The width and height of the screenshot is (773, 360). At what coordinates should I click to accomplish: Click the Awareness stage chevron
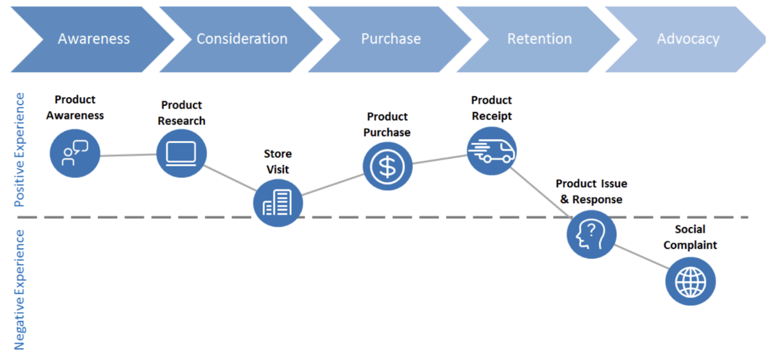(x=94, y=39)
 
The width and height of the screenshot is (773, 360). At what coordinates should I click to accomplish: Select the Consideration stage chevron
(x=242, y=39)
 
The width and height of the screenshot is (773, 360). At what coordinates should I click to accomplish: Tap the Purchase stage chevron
(x=390, y=39)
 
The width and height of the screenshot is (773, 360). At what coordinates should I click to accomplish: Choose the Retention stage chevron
(x=539, y=39)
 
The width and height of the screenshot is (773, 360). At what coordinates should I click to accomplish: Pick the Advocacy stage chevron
(x=688, y=39)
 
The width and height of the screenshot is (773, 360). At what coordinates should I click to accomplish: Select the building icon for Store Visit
(x=278, y=203)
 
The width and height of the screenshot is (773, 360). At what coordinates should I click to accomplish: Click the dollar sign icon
(x=387, y=167)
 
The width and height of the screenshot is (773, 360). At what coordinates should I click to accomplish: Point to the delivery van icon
(x=492, y=150)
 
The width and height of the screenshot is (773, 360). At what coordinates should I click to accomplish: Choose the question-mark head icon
(x=592, y=234)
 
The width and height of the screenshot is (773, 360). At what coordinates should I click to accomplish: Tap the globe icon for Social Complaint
(x=690, y=282)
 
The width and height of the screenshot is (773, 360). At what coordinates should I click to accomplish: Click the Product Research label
(x=181, y=113)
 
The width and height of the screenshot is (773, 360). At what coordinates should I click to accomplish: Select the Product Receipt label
(x=492, y=108)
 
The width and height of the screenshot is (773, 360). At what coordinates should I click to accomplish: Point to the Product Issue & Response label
(x=592, y=192)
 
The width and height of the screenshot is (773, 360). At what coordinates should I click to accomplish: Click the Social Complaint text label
(x=690, y=237)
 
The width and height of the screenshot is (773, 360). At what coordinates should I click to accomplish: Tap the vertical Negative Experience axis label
(x=19, y=290)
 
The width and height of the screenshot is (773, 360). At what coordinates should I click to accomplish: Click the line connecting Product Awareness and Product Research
(x=128, y=156)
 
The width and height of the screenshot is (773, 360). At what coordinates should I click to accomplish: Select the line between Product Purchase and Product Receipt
(x=439, y=159)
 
